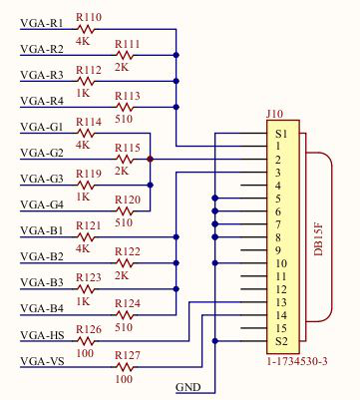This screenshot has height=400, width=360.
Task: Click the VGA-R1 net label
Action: tap(42, 22)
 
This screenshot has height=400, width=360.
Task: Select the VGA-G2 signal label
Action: tap(42, 153)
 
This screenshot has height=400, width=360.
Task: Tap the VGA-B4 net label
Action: tap(42, 308)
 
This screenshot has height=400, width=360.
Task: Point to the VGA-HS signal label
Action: tap(42, 334)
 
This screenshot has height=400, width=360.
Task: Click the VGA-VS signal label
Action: tap(42, 360)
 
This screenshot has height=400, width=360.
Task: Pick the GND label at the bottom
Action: tap(188, 387)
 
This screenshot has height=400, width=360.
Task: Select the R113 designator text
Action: tap(128, 96)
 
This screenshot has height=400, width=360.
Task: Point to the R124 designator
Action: tap(128, 303)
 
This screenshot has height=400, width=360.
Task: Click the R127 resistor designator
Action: tap(128, 355)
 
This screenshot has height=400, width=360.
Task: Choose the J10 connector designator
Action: tap(273, 115)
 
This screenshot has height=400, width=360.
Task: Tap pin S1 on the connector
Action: tap(282, 134)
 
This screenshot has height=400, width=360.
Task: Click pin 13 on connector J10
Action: tap(281, 302)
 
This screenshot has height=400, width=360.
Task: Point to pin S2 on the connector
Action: tap(282, 341)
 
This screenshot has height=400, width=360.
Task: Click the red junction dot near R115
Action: tap(150, 159)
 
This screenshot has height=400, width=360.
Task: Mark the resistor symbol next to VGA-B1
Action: tap(90, 237)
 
